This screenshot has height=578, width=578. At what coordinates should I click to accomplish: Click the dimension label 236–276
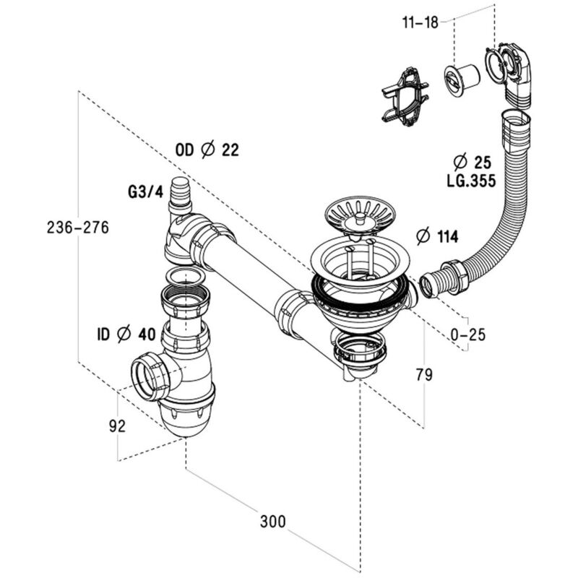[x=78, y=228]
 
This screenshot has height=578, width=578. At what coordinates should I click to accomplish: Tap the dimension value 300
[x=273, y=522]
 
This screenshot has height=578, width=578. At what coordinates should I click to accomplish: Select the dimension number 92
[x=117, y=426]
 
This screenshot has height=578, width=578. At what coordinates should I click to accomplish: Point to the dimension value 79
[x=424, y=375]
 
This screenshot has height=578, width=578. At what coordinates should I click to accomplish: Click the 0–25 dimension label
[x=468, y=335]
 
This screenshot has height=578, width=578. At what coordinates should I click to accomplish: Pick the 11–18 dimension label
[x=420, y=22]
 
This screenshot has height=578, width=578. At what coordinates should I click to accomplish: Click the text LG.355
[x=472, y=181]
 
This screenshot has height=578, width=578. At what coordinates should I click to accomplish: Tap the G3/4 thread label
[x=145, y=191]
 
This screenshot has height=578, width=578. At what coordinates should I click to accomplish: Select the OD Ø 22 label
[x=207, y=150]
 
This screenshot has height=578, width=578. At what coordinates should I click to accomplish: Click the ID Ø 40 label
[x=126, y=335]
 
